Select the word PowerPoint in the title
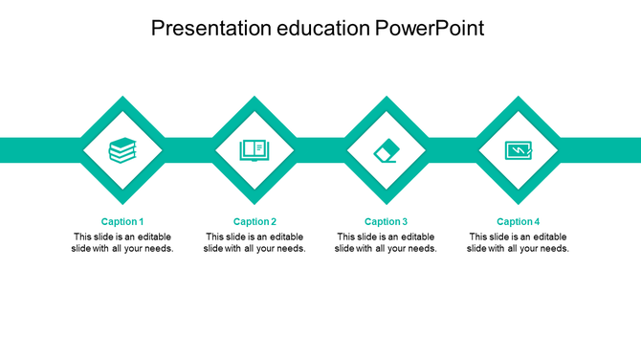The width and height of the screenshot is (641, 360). [x=430, y=29]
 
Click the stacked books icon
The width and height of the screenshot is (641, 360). [x=122, y=150]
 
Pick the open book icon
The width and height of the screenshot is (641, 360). [x=254, y=150]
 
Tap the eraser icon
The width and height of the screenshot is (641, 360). [x=386, y=150]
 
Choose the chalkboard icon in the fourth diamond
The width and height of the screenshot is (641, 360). [x=518, y=150]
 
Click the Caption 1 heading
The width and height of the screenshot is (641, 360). [x=122, y=221]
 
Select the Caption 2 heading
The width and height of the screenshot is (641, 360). [x=254, y=221]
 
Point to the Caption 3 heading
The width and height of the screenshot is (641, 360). [x=386, y=221]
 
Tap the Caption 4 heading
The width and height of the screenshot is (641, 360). [x=518, y=221]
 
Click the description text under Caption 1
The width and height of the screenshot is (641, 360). [x=122, y=242]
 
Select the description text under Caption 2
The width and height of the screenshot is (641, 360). [x=254, y=242]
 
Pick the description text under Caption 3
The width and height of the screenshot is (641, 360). [x=386, y=242]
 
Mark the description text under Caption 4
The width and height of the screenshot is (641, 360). [x=518, y=242]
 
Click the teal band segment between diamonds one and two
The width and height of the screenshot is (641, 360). [x=188, y=150]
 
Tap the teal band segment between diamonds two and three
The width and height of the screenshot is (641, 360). [x=320, y=150]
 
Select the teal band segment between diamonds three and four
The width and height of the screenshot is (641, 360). [x=452, y=150]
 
